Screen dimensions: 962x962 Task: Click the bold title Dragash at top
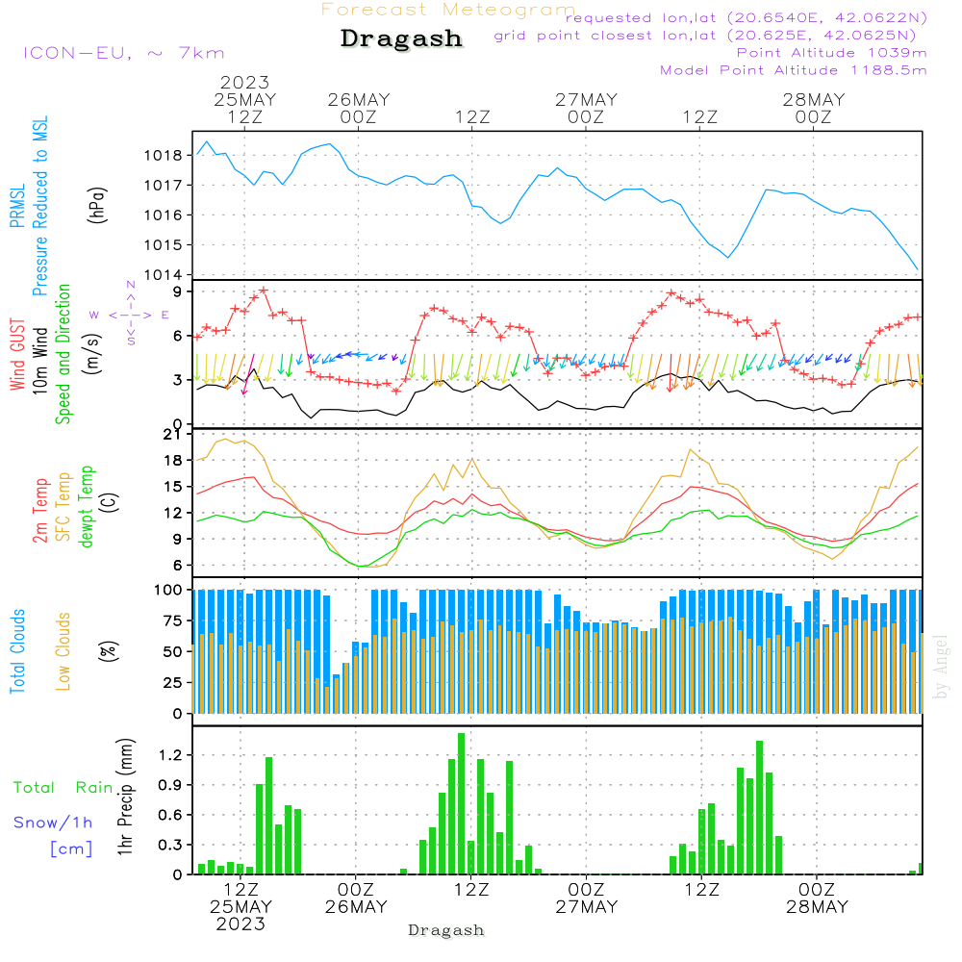pyautogui.click(x=401, y=39)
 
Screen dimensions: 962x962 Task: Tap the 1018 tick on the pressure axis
pyautogui.click(x=165, y=155)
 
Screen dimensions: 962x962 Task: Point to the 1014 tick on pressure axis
pyautogui.click(x=165, y=275)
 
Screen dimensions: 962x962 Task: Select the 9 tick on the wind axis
pyautogui.click(x=179, y=291)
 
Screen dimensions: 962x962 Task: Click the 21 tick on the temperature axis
pyautogui.click(x=174, y=434)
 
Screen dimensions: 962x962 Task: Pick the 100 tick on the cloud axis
pyautogui.click(x=169, y=589)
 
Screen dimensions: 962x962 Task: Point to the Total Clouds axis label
pyautogui.click(x=18, y=651)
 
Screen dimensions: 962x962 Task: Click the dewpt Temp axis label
pyautogui.click(x=87, y=507)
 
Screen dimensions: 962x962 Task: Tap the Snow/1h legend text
pyautogui.click(x=54, y=823)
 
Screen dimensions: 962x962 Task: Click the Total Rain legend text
pyautogui.click(x=63, y=787)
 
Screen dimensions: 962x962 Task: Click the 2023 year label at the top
pyautogui.click(x=244, y=83)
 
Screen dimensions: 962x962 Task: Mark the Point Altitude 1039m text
pyautogui.click(x=831, y=53)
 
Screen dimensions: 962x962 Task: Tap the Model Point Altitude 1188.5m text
pyautogui.click(x=794, y=70)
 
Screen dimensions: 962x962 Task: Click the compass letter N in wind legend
pyautogui.click(x=131, y=285)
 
